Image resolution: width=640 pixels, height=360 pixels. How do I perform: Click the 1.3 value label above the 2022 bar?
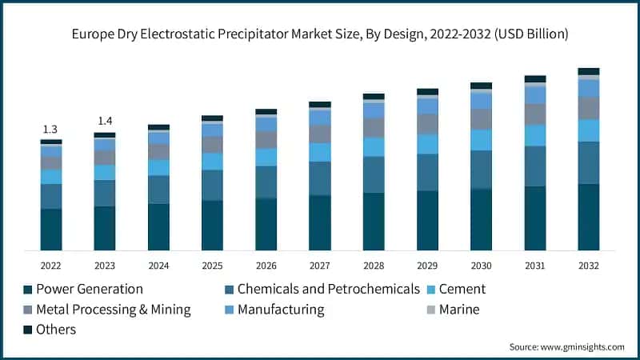tap(50, 130)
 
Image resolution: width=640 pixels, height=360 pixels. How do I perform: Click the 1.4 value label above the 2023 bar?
tap(105, 121)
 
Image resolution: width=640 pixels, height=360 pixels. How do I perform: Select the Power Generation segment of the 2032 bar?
tap(589, 217)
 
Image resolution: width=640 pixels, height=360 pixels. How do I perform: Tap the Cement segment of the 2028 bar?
tap(374, 146)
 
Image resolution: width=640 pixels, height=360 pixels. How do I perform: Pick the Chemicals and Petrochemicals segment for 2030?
tap(481, 169)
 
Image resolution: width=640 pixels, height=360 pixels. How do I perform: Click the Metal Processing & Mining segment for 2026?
tap(266, 140)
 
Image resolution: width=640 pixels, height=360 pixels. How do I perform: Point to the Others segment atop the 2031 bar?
tap(535, 79)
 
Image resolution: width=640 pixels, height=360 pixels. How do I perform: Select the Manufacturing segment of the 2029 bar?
tap(427, 106)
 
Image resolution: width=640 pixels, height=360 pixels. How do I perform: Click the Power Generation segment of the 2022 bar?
tap(51, 230)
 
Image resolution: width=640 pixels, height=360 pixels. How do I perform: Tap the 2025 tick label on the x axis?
tap(212, 266)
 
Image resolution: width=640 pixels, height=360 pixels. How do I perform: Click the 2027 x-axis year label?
tap(320, 266)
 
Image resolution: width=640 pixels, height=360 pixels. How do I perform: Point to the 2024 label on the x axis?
tap(158, 266)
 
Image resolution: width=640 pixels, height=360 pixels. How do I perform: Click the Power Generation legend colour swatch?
tap(28, 290)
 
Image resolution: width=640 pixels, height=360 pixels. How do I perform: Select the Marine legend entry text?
tap(459, 310)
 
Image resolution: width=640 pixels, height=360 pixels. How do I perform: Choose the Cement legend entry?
tap(462, 289)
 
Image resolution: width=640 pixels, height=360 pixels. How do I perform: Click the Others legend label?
tap(56, 330)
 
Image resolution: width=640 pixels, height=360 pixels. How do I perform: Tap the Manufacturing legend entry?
tap(279, 310)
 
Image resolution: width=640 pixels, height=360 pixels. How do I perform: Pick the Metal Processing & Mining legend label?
tap(113, 310)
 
